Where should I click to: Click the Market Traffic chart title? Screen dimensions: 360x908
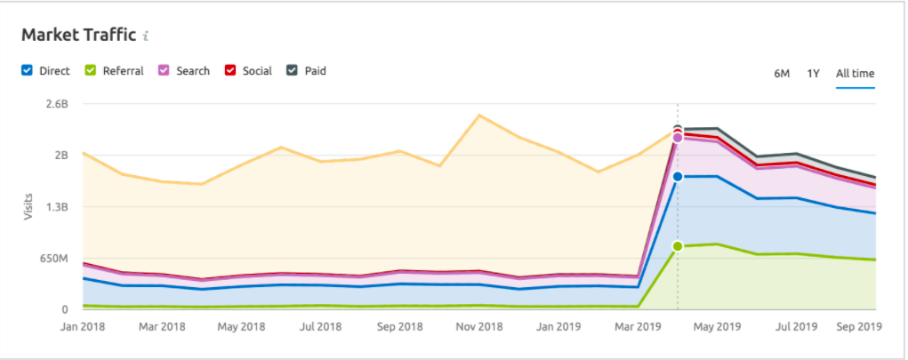[78, 35]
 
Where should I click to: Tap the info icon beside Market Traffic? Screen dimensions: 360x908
[146, 36]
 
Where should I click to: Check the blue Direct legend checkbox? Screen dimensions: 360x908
[27, 70]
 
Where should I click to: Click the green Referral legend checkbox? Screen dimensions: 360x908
[90, 70]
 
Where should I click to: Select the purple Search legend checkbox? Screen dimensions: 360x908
[163, 70]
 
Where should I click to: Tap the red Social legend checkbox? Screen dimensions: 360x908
[229, 70]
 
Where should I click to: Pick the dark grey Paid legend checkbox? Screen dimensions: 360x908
[292, 70]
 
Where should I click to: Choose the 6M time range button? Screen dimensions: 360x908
[782, 73]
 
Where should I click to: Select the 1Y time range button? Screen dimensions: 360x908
[813, 73]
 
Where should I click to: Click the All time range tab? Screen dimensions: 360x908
[855, 73]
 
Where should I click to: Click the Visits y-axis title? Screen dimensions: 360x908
[28, 207]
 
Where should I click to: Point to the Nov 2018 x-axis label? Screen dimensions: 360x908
[480, 326]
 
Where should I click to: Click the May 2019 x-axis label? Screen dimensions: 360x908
[717, 326]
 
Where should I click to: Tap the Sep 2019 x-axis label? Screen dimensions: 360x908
[859, 326]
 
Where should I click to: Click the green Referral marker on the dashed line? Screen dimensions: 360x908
[678, 246]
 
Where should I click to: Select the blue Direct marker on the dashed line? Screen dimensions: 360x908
[678, 177]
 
